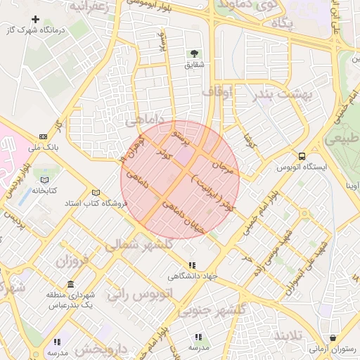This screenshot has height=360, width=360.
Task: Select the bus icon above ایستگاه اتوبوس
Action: tap(302, 156)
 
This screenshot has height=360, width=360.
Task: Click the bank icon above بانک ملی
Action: tap(44, 137)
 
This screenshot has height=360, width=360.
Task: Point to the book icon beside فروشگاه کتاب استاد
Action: tap(96, 193)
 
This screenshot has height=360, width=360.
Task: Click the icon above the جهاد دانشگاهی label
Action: tap(191, 265)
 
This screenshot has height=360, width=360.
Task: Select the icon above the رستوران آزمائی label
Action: tap(332, 337)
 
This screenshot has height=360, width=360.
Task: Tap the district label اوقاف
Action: tap(217, 91)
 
